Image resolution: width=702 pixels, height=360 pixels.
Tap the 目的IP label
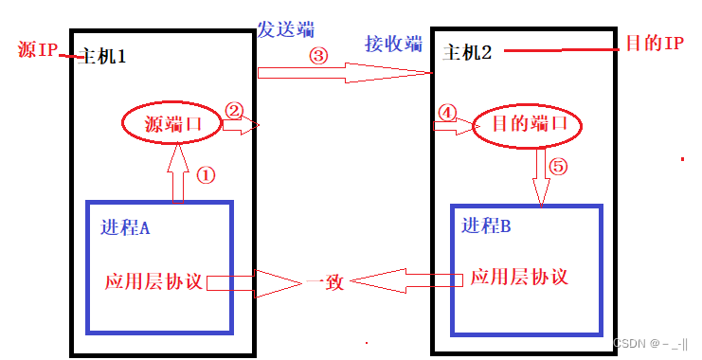click(x=655, y=44)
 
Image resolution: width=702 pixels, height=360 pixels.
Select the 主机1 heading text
click(x=104, y=57)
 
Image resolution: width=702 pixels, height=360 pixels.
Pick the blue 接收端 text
click(x=393, y=44)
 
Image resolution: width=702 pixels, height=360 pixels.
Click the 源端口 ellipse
click(x=175, y=123)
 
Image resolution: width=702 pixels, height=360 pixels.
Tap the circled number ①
click(x=206, y=175)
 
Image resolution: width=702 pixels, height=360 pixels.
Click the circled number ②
click(x=234, y=110)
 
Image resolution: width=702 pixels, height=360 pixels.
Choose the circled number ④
click(x=448, y=112)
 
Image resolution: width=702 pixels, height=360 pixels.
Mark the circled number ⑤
click(x=559, y=167)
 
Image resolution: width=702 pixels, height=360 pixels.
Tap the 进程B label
click(x=488, y=226)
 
